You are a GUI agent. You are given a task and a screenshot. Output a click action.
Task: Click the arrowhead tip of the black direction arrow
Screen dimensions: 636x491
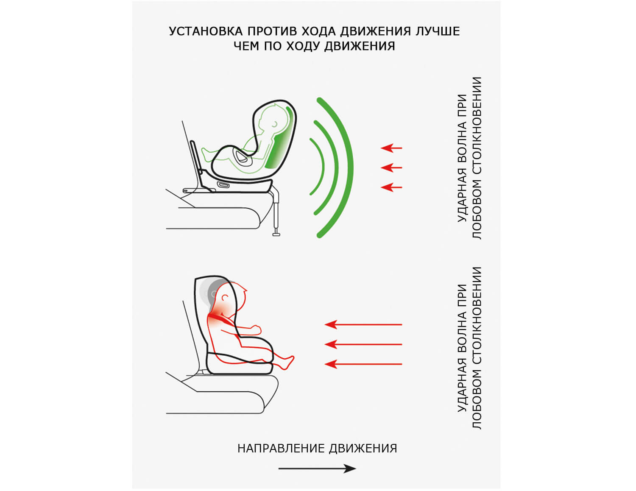tap(356, 469)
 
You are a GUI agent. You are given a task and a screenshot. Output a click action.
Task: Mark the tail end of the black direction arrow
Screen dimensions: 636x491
tap(279, 469)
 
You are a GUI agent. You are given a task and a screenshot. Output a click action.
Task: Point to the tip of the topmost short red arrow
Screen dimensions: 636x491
tap(381, 148)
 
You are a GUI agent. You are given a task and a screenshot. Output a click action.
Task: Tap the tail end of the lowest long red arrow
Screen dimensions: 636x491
tap(402, 364)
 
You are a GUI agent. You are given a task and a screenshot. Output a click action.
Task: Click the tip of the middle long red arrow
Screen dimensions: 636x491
tap(325, 344)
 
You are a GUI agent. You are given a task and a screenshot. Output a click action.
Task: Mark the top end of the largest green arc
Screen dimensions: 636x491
tap(319, 100)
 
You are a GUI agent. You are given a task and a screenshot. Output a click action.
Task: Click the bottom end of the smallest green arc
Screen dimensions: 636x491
tap(311, 194)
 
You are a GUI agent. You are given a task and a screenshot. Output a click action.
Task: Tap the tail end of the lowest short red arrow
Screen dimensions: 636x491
tap(402, 187)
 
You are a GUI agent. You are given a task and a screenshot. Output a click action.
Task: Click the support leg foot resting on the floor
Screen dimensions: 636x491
tap(276, 234)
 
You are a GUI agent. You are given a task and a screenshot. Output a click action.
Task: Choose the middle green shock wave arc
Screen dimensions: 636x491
tap(326, 167)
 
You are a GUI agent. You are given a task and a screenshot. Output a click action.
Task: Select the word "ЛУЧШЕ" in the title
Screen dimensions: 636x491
tap(438, 31)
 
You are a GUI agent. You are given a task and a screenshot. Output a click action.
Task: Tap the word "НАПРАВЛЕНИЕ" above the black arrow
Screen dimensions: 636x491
tap(281, 449)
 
